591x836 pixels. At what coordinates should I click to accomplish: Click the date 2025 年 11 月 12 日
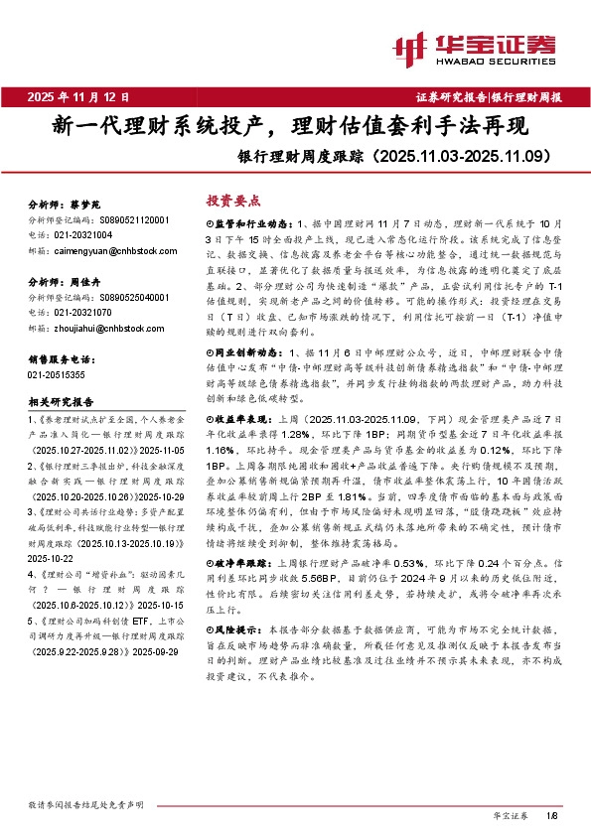click(x=79, y=97)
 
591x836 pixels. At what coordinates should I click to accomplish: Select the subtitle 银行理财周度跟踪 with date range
click(x=408, y=156)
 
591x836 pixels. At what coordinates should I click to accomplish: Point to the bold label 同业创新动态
click(x=242, y=325)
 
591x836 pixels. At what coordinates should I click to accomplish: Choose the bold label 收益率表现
click(x=236, y=395)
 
